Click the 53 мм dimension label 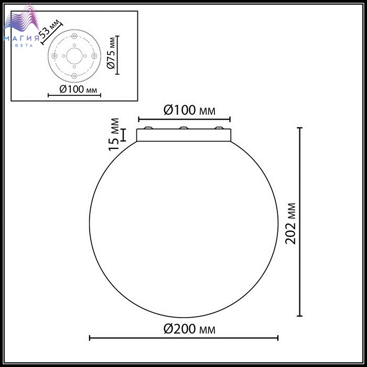pyautogui.click(x=49, y=29)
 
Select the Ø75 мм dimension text pyautogui.click(x=111, y=53)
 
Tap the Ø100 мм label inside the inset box pyautogui.click(x=78, y=89)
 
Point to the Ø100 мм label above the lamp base pyautogui.click(x=189, y=110)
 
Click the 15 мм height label pyautogui.click(x=114, y=135)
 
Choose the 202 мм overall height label pyautogui.click(x=290, y=224)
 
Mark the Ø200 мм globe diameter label pyautogui.click(x=189, y=329)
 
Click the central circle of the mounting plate pyautogui.click(x=74, y=56)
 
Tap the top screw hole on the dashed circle pyautogui.click(x=74, y=36)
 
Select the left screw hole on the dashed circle pyautogui.click(x=55, y=56)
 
